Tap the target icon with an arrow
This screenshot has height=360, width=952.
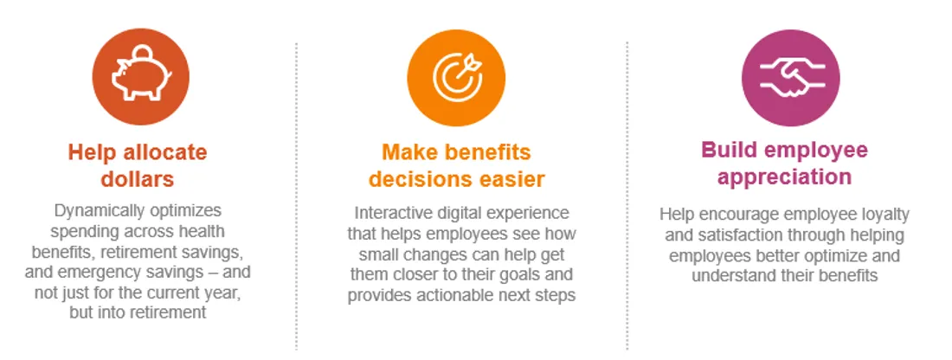[457, 76]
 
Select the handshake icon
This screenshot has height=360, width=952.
[790, 77]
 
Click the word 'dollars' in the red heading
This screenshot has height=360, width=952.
[138, 179]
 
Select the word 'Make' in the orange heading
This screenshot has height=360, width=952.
[408, 151]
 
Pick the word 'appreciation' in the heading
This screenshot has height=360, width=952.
[784, 177]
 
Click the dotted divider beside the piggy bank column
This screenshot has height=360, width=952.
[296, 196]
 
